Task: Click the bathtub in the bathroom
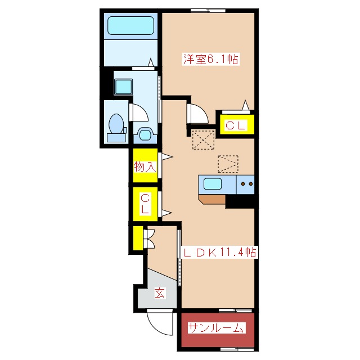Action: [x=130, y=26]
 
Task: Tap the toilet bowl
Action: [x=116, y=124]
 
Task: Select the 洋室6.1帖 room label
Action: [x=210, y=59]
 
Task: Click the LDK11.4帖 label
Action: [x=219, y=253]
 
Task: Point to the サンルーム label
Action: [x=216, y=328]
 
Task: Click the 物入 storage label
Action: [x=145, y=166]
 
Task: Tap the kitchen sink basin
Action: [x=213, y=184]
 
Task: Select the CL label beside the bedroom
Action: [x=236, y=125]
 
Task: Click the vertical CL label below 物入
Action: [x=145, y=204]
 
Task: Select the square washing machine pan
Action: [x=123, y=87]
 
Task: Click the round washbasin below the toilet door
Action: [x=145, y=135]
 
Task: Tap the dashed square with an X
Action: [x=203, y=139]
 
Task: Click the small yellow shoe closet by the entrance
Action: [x=138, y=238]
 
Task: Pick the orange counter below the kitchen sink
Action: [x=212, y=199]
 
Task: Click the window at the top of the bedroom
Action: [x=208, y=10]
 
